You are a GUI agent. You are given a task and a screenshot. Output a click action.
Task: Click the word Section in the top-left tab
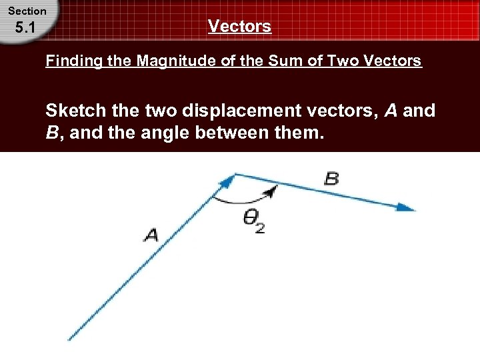click(x=27, y=11)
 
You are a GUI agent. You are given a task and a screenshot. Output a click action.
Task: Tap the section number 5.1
click(x=27, y=29)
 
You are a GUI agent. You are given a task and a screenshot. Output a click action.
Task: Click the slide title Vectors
click(x=239, y=27)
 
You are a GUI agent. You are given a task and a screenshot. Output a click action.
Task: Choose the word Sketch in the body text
click(x=75, y=111)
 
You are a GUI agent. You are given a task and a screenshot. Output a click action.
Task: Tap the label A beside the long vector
click(x=151, y=235)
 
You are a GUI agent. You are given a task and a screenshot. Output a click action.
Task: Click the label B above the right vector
click(x=331, y=179)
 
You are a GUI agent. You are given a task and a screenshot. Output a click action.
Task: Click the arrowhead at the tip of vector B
click(x=406, y=207)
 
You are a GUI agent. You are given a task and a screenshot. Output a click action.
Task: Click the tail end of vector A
click(x=69, y=339)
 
